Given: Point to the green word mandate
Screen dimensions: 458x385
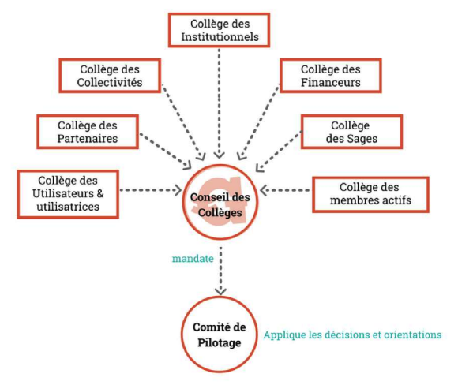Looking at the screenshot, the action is click(193, 259).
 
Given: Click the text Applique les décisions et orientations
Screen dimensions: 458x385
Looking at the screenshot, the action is click(352, 335).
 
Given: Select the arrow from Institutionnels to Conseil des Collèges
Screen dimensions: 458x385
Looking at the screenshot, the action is click(219, 103).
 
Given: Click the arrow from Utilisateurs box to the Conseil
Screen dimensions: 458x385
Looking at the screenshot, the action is click(151, 190).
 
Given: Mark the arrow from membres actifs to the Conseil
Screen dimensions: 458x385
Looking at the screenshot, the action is click(285, 190).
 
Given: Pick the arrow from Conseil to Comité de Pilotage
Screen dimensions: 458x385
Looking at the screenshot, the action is click(220, 271).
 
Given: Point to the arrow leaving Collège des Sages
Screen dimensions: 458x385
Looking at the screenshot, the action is click(279, 151).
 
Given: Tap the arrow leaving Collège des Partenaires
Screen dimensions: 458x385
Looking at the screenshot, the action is click(165, 151).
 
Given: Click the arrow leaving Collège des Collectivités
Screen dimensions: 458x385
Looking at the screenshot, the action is click(184, 122).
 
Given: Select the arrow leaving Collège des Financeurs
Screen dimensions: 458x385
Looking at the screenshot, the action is click(259, 122).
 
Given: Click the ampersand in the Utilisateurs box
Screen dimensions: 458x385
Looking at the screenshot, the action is click(100, 193).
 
